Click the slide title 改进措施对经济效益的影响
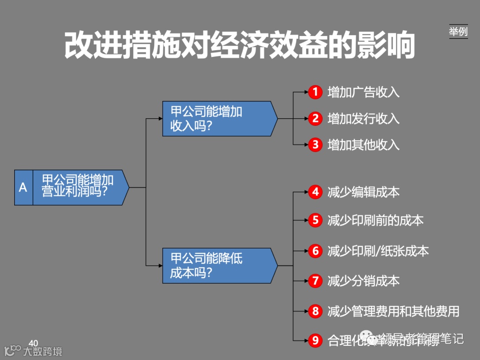pos(240,45)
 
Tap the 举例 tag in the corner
pos(458,32)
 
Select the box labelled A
pos(24,187)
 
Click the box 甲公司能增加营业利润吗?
pos(80,187)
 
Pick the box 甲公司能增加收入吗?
pos(218,118)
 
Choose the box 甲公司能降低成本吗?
pos(218,265)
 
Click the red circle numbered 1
pos(316,92)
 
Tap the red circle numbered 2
pos(316,118)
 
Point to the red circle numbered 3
pos(316,144)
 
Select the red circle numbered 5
pos(316,220)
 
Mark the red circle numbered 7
pos(316,281)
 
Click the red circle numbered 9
pos(316,340)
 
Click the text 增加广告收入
pos(364,92)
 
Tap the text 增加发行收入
pos(364,119)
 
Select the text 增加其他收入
pos(364,145)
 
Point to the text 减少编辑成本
pos(364,192)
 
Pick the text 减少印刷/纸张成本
pos(378,251)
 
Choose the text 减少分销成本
pos(364,281)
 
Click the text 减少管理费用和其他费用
pos(393,311)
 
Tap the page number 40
pos(33,343)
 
